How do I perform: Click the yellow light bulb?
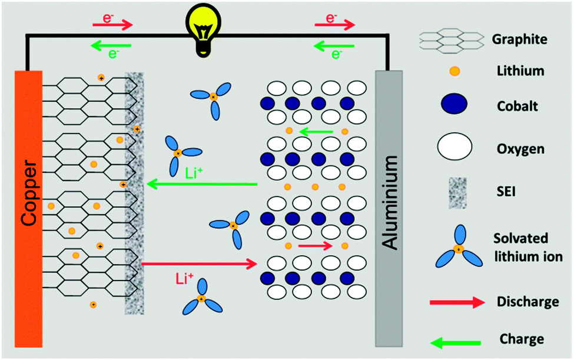pyautogui.click(x=203, y=32)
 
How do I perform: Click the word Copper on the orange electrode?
pyautogui.click(x=29, y=193)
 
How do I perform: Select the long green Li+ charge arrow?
pyautogui.click(x=202, y=184)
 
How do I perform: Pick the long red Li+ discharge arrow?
pyautogui.click(x=199, y=264)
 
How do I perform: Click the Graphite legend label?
pyautogui.click(x=519, y=39)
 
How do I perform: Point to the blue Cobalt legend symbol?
pyautogui.click(x=454, y=104)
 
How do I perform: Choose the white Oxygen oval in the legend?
pyautogui.click(x=454, y=146)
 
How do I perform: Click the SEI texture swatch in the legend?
pyautogui.click(x=457, y=193)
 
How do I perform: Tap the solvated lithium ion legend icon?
pyautogui.click(x=459, y=248)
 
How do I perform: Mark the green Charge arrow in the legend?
pyautogui.click(x=456, y=343)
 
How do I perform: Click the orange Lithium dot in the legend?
pyautogui.click(x=454, y=71)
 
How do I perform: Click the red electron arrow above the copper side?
pyautogui.click(x=112, y=25)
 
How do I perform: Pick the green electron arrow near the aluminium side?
pyautogui.click(x=334, y=46)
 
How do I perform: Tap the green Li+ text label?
pyautogui.click(x=194, y=173)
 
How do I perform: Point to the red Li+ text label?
pyautogui.click(x=184, y=279)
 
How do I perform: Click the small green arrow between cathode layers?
pyautogui.click(x=316, y=131)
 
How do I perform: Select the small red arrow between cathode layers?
pyautogui.click(x=315, y=246)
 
